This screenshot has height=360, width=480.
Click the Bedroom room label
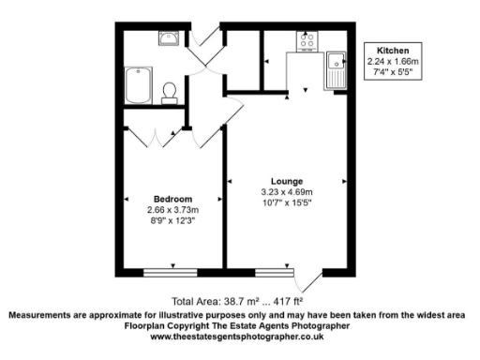173,199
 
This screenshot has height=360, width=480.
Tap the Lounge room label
286,181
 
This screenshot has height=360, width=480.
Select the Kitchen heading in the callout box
393,50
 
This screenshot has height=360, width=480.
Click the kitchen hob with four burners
307,40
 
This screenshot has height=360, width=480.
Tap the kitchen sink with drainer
335,71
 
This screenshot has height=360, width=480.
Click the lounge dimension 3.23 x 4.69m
286,192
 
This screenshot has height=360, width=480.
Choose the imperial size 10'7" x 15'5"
286,202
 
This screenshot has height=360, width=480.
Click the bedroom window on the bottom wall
172,272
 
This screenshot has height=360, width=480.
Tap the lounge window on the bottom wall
274,272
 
